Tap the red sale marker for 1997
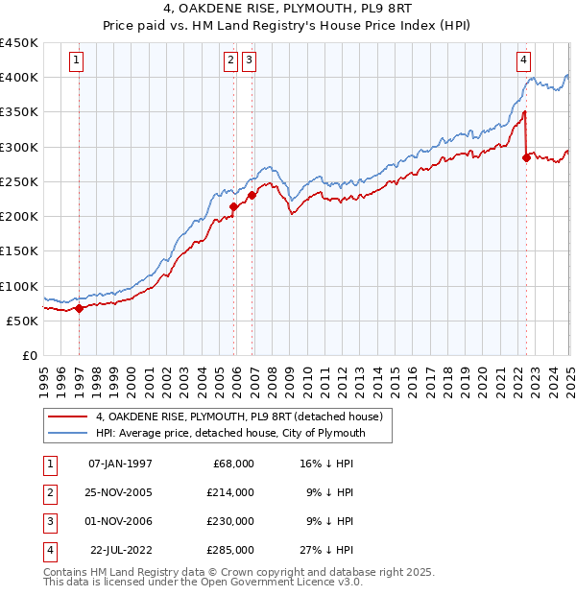[x=79, y=308]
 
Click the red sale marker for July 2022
[x=526, y=157]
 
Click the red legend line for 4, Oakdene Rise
[x=67, y=416]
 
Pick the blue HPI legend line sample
[x=67, y=433]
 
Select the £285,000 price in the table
[x=230, y=550]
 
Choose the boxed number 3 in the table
[x=48, y=521]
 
